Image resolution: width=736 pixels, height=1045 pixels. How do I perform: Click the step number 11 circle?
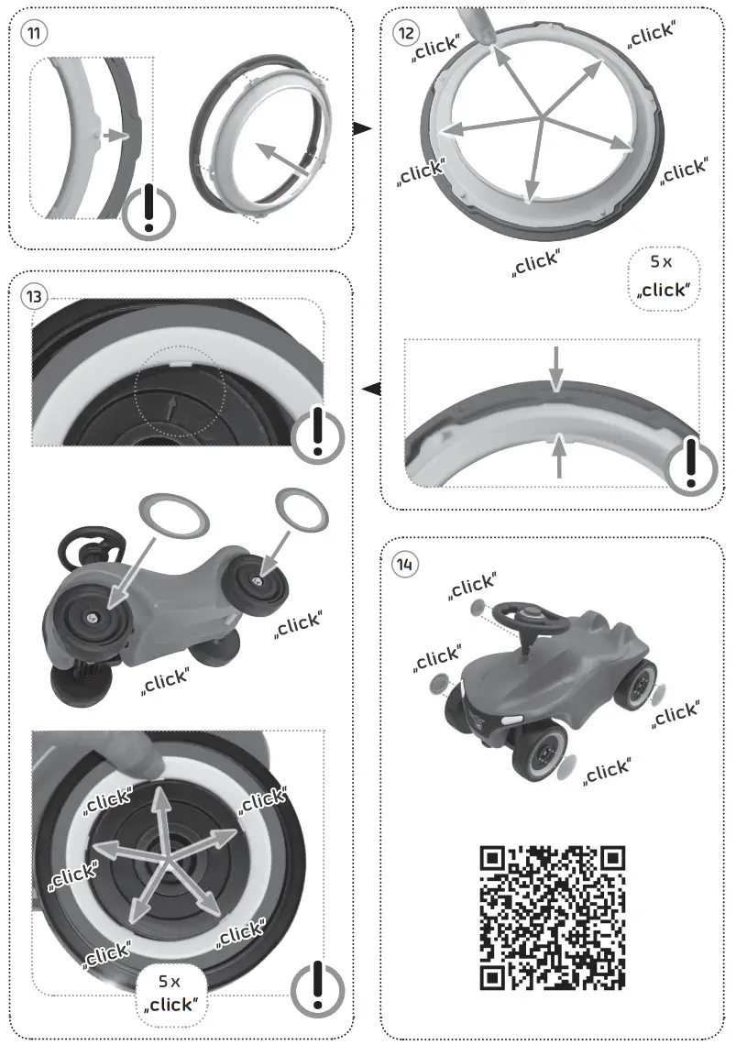pos(34,33)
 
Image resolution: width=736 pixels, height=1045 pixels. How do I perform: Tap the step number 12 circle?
pos(406,33)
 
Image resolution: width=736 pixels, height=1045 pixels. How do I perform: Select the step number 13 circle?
pos(34,296)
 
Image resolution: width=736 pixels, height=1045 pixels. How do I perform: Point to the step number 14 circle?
pos(405,566)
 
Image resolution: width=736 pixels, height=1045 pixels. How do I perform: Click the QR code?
pos(553,918)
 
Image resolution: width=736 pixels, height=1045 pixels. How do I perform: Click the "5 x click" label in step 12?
pos(664,278)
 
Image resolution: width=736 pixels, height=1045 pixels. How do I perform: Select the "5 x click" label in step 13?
pos(171,994)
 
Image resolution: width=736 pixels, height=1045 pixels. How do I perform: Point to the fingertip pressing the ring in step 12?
pos(485,30)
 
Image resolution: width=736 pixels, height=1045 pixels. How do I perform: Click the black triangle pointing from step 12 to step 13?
pos(371,388)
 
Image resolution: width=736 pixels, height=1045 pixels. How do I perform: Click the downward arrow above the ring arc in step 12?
pos(556,368)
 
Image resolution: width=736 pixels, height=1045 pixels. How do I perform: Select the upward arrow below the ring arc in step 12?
pos(560,456)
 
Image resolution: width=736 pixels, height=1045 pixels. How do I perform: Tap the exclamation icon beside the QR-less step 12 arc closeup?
pos(692,465)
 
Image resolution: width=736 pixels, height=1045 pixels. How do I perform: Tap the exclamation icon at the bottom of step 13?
pos(317,987)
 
